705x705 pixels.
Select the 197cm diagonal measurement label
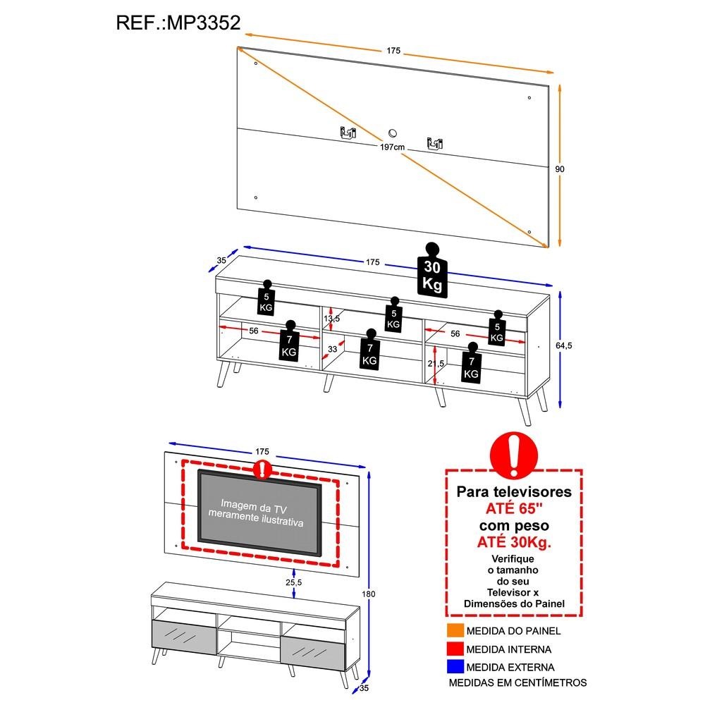pyautogui.click(x=391, y=147)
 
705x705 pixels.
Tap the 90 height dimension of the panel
pyautogui.click(x=560, y=169)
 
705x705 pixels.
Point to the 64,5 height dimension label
pyautogui.click(x=562, y=345)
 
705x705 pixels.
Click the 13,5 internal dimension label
pyautogui.click(x=331, y=318)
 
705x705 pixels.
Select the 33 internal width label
pyautogui.click(x=333, y=349)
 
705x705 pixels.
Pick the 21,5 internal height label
pyautogui.click(x=436, y=363)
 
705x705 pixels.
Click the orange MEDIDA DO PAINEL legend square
pyautogui.click(x=454, y=630)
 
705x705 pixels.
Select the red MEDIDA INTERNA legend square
pyautogui.click(x=454, y=649)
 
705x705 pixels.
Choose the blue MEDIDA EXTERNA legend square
pyautogui.click(x=454, y=666)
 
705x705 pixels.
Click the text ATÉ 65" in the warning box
pyautogui.click(x=514, y=508)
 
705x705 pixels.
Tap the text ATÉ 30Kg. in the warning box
pyautogui.click(x=514, y=542)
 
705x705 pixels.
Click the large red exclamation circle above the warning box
pyautogui.click(x=513, y=455)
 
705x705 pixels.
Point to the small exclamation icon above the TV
pyautogui.click(x=262, y=469)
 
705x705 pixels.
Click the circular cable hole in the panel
pyautogui.click(x=393, y=133)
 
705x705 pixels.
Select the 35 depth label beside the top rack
pyautogui.click(x=221, y=260)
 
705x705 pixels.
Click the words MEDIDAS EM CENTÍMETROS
pyautogui.click(x=517, y=682)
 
